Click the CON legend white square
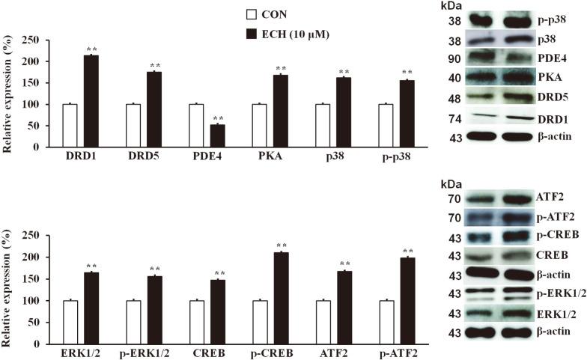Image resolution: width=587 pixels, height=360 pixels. [x=254, y=14]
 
